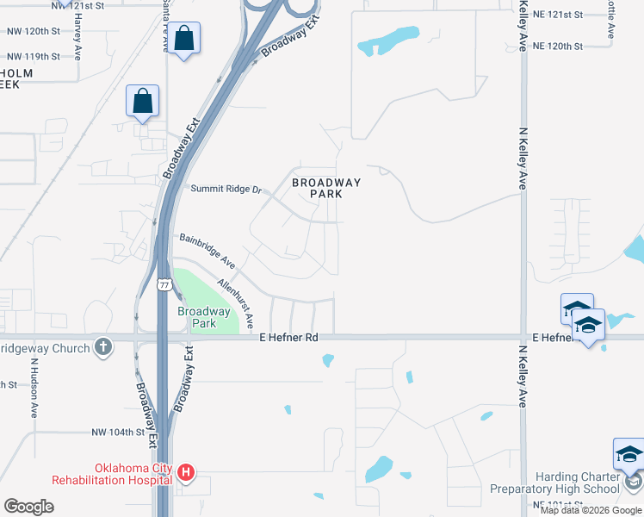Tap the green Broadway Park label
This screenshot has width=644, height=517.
coord(203,317)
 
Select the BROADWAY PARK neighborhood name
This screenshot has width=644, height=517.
coord(325,188)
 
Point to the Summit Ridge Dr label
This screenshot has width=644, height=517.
coord(226,189)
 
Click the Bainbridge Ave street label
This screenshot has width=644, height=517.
coord(207,250)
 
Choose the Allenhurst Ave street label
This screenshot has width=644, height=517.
coord(236,301)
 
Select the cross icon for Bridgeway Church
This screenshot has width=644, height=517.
coord(103,347)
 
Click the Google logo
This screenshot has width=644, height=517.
coord(28,506)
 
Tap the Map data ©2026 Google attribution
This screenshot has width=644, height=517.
coord(591,510)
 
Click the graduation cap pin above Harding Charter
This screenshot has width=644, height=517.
coord(629,455)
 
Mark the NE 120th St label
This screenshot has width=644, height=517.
coord(557,45)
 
